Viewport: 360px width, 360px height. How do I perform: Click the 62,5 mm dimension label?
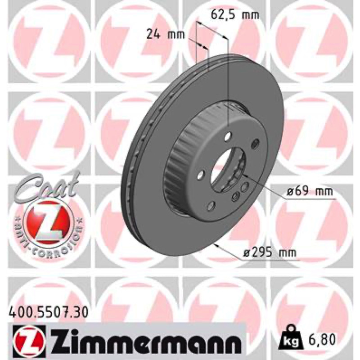(235, 15)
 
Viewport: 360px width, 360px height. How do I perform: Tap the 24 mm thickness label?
(166, 35)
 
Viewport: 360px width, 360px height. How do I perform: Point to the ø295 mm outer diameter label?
(270, 253)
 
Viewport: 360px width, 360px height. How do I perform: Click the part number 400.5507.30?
(48, 313)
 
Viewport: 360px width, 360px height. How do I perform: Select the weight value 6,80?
(322, 339)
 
